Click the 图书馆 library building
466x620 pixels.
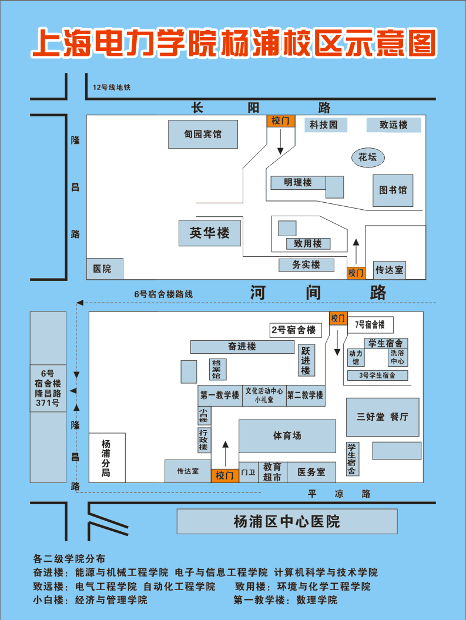(x=393, y=190)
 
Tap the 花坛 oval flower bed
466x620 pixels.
(x=368, y=157)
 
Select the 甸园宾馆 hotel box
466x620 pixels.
(x=203, y=135)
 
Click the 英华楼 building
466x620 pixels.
(x=209, y=233)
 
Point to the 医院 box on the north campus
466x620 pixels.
(x=105, y=269)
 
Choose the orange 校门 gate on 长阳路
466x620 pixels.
(x=281, y=120)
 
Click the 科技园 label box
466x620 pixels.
(x=326, y=125)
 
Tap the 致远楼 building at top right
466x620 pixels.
(x=394, y=125)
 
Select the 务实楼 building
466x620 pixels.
(x=306, y=265)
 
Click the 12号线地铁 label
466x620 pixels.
(x=112, y=88)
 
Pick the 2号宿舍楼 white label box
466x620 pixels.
(x=294, y=330)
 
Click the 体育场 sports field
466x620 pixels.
(x=287, y=435)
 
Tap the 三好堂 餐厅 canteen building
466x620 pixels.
(x=383, y=417)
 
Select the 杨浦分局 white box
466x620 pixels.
(x=107, y=457)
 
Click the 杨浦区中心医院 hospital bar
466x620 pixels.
(x=287, y=521)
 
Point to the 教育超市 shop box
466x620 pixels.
(x=272, y=472)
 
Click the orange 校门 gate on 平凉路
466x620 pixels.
(x=224, y=475)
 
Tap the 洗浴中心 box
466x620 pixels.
(x=398, y=357)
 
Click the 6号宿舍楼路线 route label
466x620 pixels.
(x=163, y=294)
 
